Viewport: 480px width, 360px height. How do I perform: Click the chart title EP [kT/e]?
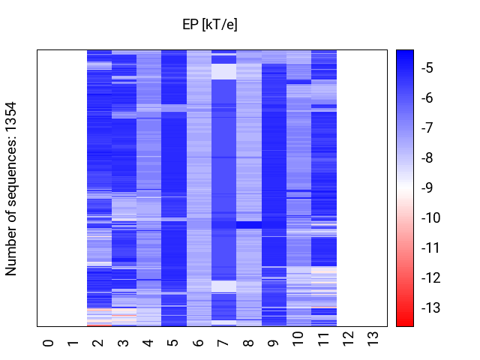pos(210,24)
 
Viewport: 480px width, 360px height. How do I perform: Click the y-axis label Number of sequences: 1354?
pos(10,188)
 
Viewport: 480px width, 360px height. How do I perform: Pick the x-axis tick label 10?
pos(298,339)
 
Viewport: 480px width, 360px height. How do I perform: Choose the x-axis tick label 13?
pos(373,339)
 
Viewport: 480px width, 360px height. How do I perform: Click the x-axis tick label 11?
pos(323,339)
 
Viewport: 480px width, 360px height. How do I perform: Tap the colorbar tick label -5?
pos(427,68)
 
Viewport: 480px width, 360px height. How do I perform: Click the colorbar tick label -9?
pos(427,187)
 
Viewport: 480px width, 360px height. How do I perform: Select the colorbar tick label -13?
pos(430,307)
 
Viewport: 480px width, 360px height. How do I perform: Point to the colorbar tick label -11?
pos(430,247)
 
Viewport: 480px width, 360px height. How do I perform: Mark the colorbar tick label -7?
pos(427,127)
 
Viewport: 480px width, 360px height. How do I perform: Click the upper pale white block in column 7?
pos(223,72)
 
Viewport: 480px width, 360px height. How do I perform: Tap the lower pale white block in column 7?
pos(223,286)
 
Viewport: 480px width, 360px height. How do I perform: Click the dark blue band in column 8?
pos(249,225)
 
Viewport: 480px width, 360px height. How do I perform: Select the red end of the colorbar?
pos(405,322)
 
